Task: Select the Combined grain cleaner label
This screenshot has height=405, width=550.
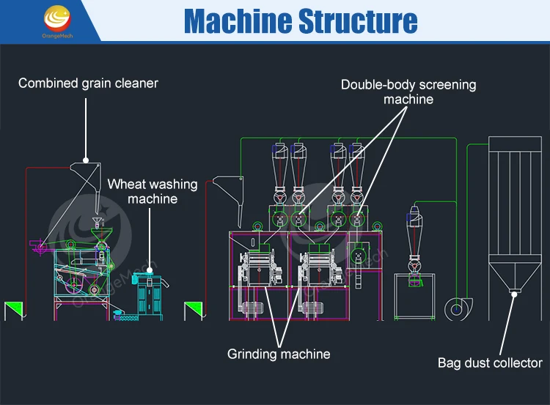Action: coord(88,83)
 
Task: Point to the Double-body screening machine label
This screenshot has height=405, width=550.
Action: coord(408,92)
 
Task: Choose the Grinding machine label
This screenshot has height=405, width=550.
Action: coord(279,354)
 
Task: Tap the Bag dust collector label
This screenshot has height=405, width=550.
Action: coord(490,362)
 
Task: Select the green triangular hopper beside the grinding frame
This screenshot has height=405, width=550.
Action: coord(193,311)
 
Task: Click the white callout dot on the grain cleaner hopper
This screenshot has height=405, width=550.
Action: coord(86,160)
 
